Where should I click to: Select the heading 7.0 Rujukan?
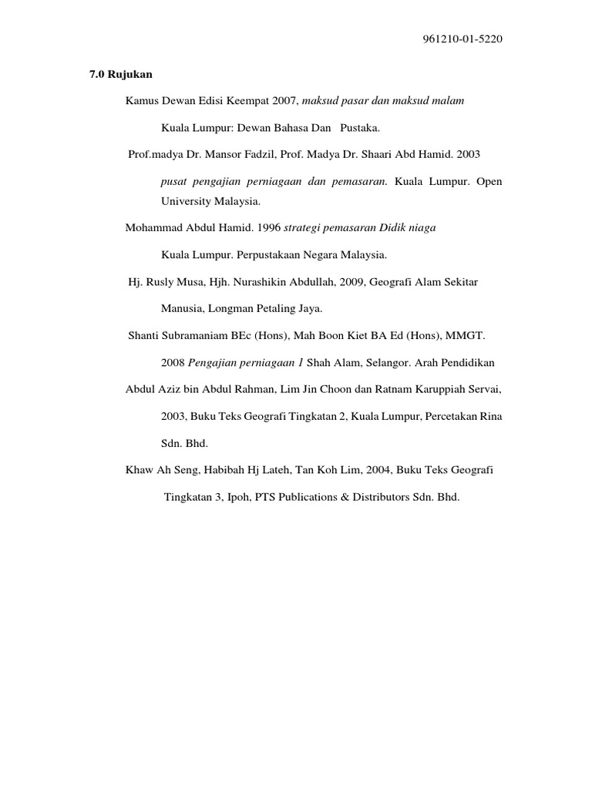coord(116,75)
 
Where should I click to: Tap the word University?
coord(186,200)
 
